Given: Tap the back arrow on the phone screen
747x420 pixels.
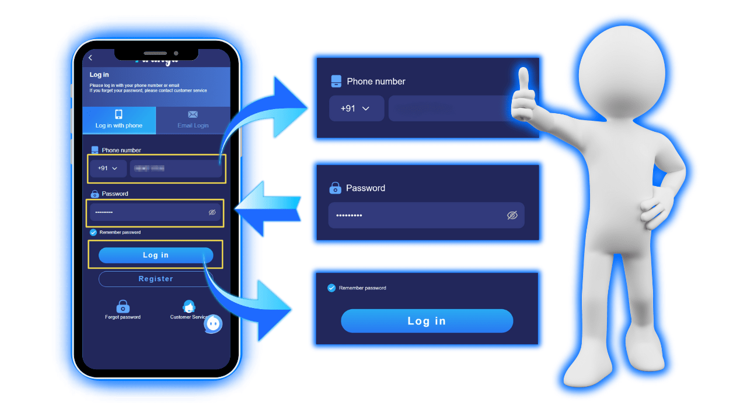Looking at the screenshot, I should pos(90,57).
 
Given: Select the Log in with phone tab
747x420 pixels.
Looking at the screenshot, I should pos(119,120).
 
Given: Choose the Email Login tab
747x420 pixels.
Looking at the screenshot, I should pos(193,120).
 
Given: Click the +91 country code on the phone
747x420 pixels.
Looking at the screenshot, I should pos(108,168).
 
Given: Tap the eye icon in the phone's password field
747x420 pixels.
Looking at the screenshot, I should pos(212,212).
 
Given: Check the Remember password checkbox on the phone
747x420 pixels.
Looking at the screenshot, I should pos(93,232).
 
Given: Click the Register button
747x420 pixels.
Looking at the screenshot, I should pos(156,279).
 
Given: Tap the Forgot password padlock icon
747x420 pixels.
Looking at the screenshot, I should pos(123,306).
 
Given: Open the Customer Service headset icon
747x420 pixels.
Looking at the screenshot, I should pos(189,306).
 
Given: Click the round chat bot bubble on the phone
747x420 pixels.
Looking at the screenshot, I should pos(213,323).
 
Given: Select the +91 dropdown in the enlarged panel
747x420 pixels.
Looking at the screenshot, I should pos(356,108).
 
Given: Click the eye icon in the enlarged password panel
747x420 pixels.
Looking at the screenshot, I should pos(512,215).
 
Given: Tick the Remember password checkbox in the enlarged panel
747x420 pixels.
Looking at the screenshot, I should pos(331,288).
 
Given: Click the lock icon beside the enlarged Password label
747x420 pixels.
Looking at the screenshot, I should pos(335,188).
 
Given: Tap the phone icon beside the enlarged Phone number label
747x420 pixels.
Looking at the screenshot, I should pos(336,81).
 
